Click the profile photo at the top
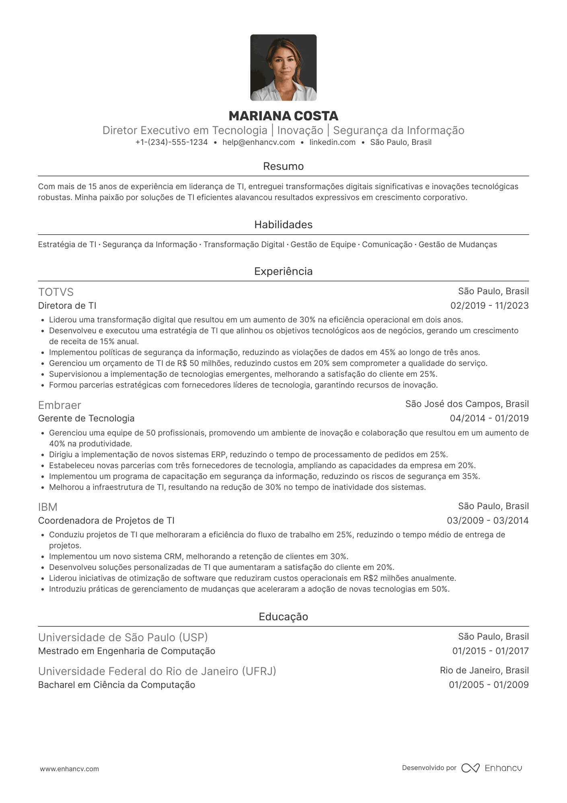click(283, 68)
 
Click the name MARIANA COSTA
click(283, 116)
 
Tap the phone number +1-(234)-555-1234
click(172, 142)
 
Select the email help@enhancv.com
click(259, 142)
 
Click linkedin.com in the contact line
click(332, 142)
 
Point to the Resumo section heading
click(283, 166)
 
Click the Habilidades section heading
click(283, 225)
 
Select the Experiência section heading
click(283, 271)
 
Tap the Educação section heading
click(283, 617)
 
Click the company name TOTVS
click(56, 292)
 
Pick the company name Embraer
click(60, 405)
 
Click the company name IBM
click(48, 507)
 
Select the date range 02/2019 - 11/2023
click(489, 306)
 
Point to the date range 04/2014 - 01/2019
click(489, 419)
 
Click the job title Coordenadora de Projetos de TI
click(106, 521)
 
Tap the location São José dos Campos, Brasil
click(467, 404)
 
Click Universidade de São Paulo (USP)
click(123, 638)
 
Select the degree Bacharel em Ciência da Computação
click(117, 685)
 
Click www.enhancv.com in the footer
click(69, 769)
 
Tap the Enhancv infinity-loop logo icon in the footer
click(470, 768)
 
